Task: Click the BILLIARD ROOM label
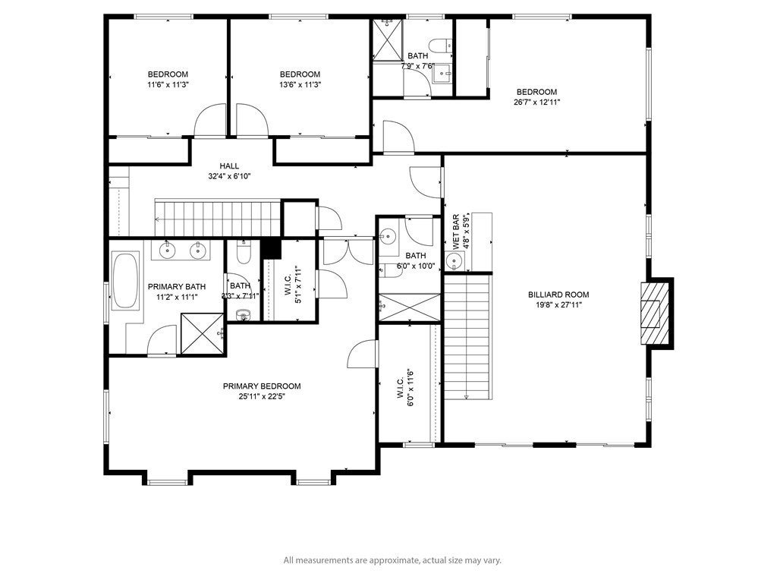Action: (558, 295)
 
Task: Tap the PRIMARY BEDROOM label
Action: (262, 386)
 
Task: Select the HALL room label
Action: (229, 166)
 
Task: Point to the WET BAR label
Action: (455, 232)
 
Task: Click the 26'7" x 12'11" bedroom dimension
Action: (537, 102)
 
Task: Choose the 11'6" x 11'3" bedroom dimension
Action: (168, 85)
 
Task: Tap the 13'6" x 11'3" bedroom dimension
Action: (300, 85)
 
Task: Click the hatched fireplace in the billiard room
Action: (655, 314)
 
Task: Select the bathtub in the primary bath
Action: (125, 281)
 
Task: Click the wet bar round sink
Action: (454, 260)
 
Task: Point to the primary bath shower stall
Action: (202, 334)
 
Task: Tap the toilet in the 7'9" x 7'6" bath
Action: (441, 46)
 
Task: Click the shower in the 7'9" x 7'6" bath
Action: (388, 39)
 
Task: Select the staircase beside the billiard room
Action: (467, 337)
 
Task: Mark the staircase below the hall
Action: (218, 218)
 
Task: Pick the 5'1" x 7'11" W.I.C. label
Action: (293, 285)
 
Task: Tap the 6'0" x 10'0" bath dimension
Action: (416, 266)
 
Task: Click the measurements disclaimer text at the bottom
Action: (392, 561)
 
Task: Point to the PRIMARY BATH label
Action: (177, 286)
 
